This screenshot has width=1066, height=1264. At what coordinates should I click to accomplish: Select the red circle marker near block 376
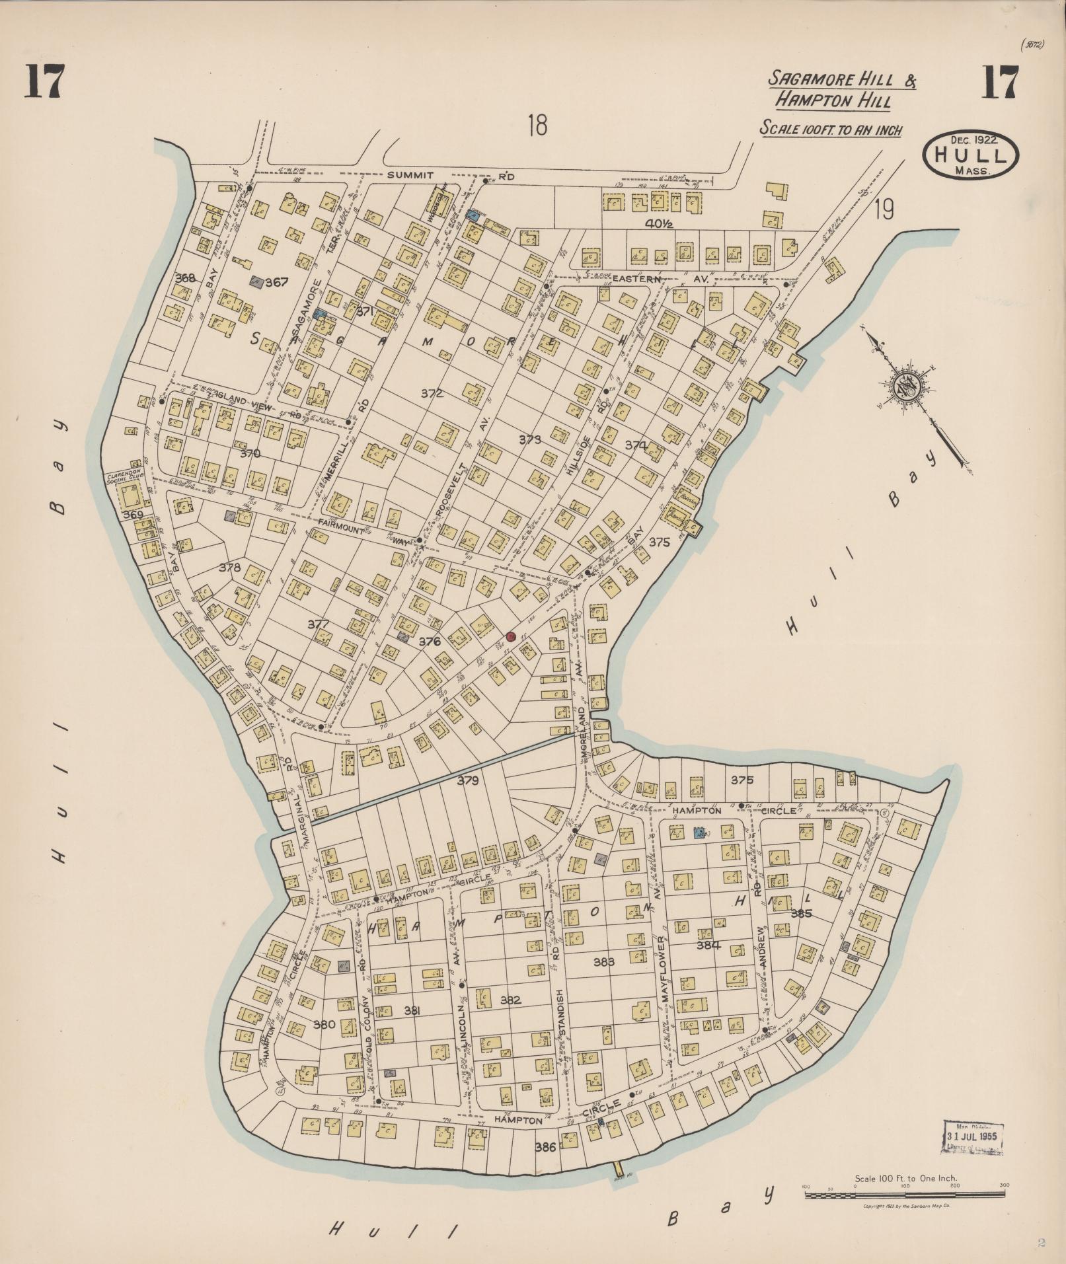tap(510, 636)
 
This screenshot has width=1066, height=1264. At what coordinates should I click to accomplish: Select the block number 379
tap(467, 780)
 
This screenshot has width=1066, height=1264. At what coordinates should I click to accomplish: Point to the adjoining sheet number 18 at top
tap(538, 125)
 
